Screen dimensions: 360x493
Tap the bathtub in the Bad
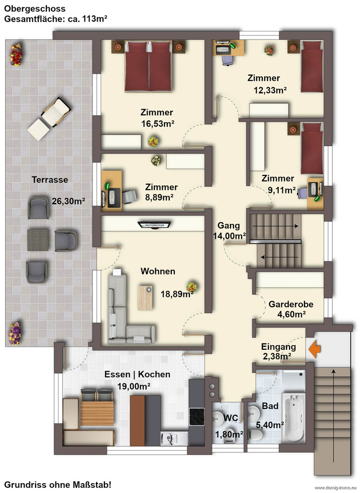coord(294,417)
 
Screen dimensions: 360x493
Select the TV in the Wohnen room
coord(154,225)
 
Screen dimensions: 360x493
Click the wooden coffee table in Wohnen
coord(145,298)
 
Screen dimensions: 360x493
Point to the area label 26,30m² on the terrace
coord(68,201)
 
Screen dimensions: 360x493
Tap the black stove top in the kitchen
coord(196,417)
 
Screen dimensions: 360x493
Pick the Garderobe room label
coord(291,304)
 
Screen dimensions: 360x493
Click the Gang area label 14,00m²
coord(229,236)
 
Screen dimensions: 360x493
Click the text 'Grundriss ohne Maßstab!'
coord(58,485)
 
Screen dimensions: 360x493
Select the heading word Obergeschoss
coord(30,9)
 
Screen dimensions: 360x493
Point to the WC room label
coord(231,418)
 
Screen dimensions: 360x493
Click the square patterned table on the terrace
coord(38,240)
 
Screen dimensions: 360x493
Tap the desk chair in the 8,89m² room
coord(130,197)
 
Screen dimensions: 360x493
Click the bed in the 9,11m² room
coord(312,148)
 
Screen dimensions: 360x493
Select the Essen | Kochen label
coord(137,375)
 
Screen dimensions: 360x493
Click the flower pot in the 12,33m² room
coord(269,50)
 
